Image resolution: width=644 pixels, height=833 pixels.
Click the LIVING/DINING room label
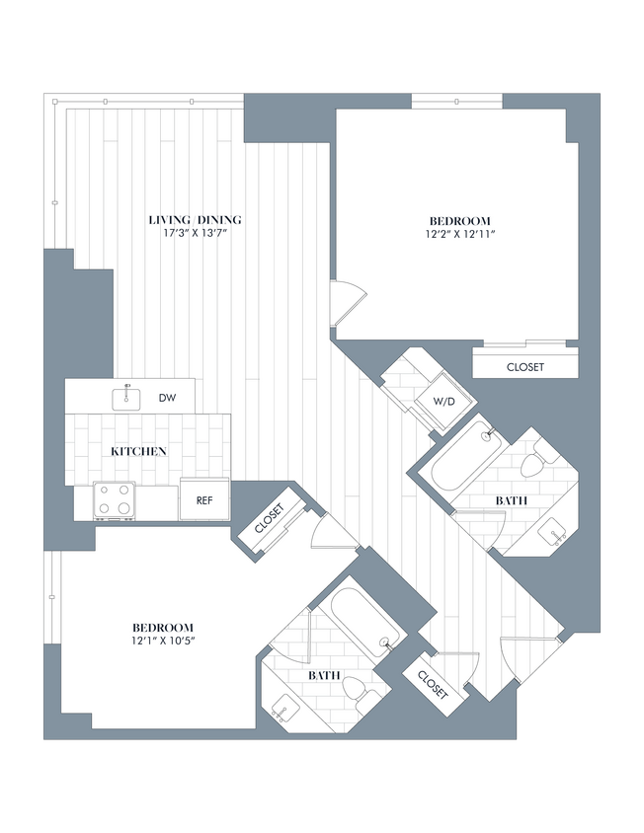pyautogui.click(x=196, y=219)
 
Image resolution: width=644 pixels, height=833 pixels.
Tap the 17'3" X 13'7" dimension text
pyautogui.click(x=196, y=234)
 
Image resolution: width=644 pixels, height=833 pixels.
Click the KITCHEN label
pyautogui.click(x=138, y=451)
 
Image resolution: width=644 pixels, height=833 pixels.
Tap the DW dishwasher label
pyautogui.click(x=167, y=398)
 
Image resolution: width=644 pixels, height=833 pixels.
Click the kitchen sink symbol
pyautogui.click(x=126, y=398)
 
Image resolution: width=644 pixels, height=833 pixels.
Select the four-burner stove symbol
pyautogui.click(x=114, y=500)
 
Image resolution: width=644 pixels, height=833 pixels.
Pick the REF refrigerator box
pyautogui.click(x=204, y=500)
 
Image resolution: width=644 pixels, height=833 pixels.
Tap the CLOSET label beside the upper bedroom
pyautogui.click(x=524, y=367)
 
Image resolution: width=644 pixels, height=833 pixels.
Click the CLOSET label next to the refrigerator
pyautogui.click(x=270, y=522)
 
